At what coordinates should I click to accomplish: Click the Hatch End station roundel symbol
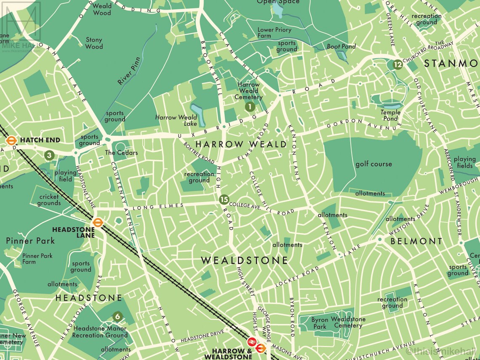(11, 140)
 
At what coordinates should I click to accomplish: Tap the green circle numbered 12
(397, 64)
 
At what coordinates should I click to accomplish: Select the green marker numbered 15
(224, 200)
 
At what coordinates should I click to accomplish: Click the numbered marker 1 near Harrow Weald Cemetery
(250, 107)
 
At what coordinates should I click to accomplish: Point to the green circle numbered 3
(50, 155)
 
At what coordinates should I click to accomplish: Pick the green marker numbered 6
(117, 317)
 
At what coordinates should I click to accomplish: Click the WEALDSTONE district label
(244, 260)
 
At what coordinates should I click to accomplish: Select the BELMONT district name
(416, 241)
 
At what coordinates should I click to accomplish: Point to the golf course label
(373, 164)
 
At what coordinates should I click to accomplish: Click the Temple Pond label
(390, 115)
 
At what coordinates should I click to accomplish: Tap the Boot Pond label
(341, 46)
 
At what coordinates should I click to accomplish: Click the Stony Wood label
(94, 43)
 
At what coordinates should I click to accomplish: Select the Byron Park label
(320, 323)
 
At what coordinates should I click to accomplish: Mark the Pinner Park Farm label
(37, 259)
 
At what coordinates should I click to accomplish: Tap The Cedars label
(121, 152)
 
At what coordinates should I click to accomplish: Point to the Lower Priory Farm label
(275, 33)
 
